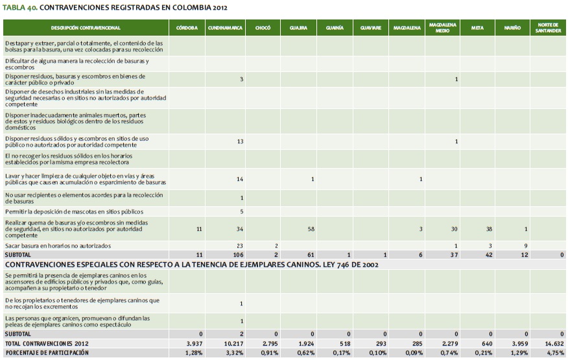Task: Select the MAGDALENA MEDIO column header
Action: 442,29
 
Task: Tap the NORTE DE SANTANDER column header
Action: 549,29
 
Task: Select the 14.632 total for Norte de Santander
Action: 553,343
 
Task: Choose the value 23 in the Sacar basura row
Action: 239,246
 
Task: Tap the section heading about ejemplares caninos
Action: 188,264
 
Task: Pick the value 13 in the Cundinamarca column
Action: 239,141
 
